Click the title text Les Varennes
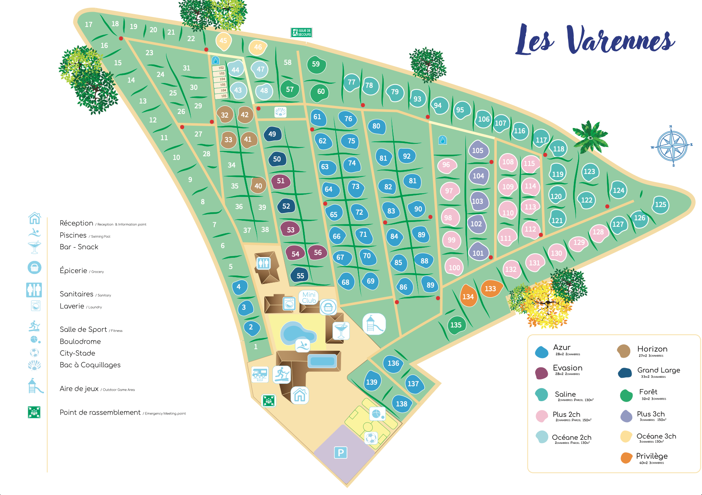pos(596,41)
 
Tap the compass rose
pos(672,146)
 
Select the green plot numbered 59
pos(316,64)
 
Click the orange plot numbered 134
pos(468,296)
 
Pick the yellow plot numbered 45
pos(223,41)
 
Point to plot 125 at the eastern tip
pos(660,205)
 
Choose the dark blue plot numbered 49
pos(272,134)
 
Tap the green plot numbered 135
pos(456,325)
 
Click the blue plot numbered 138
pos(401,404)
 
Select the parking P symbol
pos(341,453)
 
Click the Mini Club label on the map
pos(309,298)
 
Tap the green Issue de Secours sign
pos(301,33)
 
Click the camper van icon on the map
pos(260,374)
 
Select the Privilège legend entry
pos(651,457)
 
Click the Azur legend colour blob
pos(542,352)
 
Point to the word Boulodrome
pos(80,342)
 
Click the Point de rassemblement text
pos(100,412)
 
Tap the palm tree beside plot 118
pos(590,137)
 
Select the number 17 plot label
pos(89,25)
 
